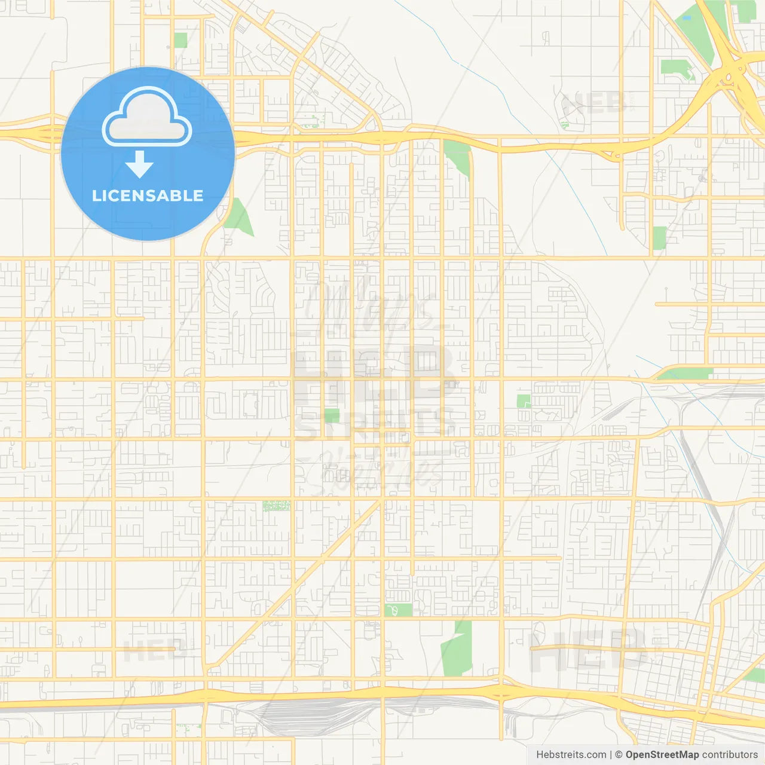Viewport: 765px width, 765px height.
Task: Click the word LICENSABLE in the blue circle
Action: [148, 195]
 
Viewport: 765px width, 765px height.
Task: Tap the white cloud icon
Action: [147, 118]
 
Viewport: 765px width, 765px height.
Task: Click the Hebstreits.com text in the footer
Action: [570, 755]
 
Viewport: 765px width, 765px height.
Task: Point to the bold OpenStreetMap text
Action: [662, 755]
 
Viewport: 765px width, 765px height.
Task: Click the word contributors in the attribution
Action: [730, 755]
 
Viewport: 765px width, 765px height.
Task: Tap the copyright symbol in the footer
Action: [619, 755]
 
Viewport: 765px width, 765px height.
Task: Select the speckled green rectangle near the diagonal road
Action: [276, 506]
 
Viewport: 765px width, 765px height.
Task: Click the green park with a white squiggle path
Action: [397, 610]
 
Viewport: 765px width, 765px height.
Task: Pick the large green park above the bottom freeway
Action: [457, 650]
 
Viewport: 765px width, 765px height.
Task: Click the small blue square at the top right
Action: [687, 18]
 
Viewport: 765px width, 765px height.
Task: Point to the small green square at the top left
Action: [180, 40]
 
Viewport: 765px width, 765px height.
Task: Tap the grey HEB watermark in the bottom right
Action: [589, 650]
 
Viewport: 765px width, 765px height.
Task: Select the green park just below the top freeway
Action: [457, 157]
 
